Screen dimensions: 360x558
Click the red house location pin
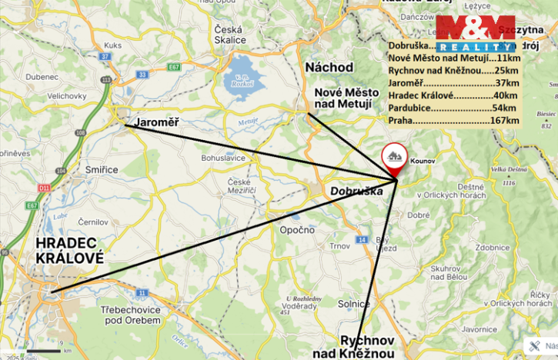click(396, 157)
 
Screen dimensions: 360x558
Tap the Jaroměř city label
click(156, 122)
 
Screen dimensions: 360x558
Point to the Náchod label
click(329, 67)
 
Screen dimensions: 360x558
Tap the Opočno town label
click(297, 230)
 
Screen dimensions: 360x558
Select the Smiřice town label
click(103, 169)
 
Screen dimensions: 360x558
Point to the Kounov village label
click(423, 162)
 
